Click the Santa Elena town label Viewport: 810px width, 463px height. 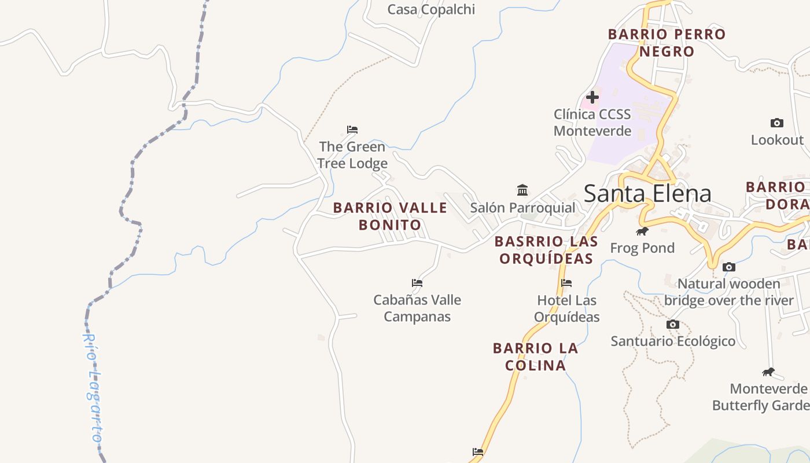(647, 193)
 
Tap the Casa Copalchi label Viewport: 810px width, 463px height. (431, 9)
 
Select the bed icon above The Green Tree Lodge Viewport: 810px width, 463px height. (352, 129)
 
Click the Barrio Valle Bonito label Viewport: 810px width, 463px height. (391, 216)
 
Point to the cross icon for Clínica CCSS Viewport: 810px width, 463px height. (592, 97)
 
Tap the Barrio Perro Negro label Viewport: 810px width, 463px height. (667, 43)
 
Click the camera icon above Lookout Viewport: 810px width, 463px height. (777, 123)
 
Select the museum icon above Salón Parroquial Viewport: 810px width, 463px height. (522, 190)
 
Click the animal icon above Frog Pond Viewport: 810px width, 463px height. (642, 231)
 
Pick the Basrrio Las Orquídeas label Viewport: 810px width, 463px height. (546, 249)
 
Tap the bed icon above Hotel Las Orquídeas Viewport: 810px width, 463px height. (566, 283)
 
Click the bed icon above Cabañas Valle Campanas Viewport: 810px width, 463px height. (417, 283)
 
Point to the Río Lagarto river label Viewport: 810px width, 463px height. (93, 388)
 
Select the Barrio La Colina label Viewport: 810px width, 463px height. (535, 357)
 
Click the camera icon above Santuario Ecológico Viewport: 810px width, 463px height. (672, 324)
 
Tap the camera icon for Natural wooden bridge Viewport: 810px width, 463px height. (729, 267)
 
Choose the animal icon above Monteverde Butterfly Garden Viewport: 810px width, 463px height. (768, 372)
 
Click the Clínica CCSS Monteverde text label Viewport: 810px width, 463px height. (592, 122)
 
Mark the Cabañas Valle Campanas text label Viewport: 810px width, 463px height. (417, 308)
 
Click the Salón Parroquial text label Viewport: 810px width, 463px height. (522, 208)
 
